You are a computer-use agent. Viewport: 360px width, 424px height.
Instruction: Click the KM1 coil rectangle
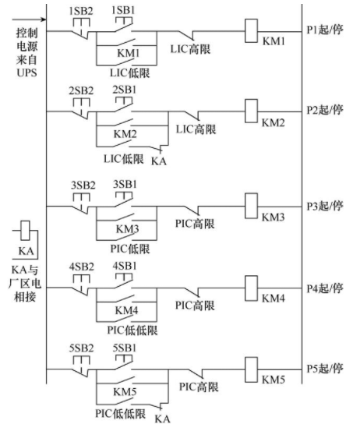point(252,31)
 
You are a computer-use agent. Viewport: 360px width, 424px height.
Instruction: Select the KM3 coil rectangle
point(252,206)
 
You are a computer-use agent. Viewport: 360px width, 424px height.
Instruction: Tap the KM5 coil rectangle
point(252,369)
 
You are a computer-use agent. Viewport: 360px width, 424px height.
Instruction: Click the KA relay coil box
point(26,231)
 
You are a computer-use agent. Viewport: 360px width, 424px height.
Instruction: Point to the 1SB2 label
point(81,11)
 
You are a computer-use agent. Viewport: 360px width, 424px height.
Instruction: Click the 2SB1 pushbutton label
point(125,90)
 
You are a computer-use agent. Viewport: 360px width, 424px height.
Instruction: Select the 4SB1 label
point(125,266)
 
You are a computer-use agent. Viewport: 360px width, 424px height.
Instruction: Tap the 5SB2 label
point(81,348)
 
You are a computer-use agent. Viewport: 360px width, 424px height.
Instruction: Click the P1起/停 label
point(324,29)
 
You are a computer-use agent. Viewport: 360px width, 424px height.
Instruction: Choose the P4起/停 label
point(324,288)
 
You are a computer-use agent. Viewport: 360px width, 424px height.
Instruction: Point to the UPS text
point(26,72)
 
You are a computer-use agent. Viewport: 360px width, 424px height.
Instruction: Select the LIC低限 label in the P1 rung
point(129,73)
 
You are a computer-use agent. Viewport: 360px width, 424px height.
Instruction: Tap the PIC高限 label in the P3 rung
point(195,224)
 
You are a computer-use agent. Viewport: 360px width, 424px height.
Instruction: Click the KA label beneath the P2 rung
point(159,161)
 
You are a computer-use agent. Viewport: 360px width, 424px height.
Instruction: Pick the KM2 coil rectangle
point(252,111)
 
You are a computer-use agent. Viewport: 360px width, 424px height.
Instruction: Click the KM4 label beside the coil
point(274,299)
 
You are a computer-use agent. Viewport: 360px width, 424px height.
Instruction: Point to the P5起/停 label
point(324,369)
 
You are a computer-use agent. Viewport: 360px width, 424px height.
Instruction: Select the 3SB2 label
point(83,185)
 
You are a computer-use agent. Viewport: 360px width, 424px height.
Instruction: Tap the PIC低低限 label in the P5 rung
point(121,414)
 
